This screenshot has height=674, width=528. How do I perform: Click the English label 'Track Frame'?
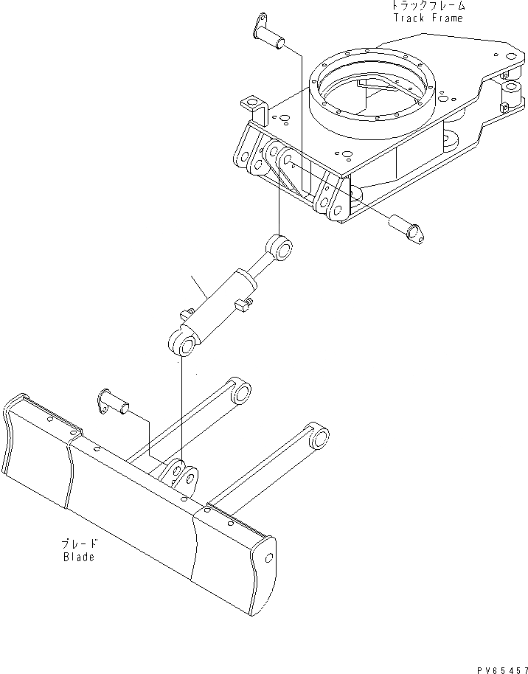(428, 18)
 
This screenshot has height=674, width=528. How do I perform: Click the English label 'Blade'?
(78, 557)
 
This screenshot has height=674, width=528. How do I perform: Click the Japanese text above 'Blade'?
(79, 543)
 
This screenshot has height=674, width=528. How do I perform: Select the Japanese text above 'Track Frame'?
(428, 5)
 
